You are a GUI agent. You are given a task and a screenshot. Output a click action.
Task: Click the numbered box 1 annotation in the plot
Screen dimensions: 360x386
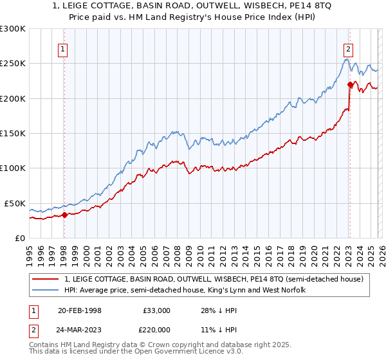tap(63, 49)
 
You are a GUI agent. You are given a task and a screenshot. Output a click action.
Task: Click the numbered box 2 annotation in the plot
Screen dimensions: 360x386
tap(348, 49)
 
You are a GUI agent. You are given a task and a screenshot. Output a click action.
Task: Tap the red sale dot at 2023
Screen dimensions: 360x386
tap(350, 84)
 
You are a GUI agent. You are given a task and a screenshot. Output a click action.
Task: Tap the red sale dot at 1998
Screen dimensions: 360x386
tap(64, 215)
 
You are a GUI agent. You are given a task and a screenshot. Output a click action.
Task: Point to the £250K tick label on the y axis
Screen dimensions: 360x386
tap(13, 64)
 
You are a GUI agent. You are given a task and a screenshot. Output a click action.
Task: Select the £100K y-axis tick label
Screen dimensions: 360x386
tap(13, 168)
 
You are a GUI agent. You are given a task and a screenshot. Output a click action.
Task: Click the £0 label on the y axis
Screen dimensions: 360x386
tap(19, 238)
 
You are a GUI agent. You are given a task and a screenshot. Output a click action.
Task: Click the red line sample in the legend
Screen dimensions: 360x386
tap(46, 279)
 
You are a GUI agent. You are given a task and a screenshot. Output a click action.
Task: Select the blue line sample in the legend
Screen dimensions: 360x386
tap(46, 290)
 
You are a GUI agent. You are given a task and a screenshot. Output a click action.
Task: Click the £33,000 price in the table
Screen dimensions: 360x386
tap(156, 310)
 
